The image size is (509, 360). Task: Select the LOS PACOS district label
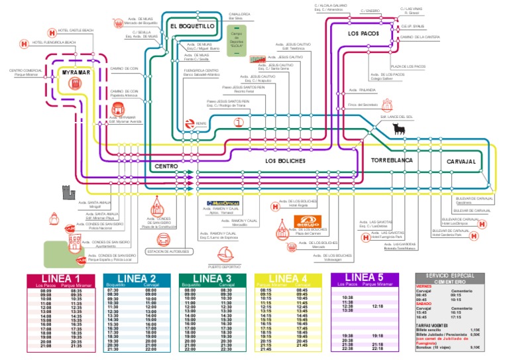point(363,32)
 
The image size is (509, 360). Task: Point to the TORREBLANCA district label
point(393,161)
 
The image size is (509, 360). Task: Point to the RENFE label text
point(201,123)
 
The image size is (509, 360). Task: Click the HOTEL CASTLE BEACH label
point(76,30)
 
